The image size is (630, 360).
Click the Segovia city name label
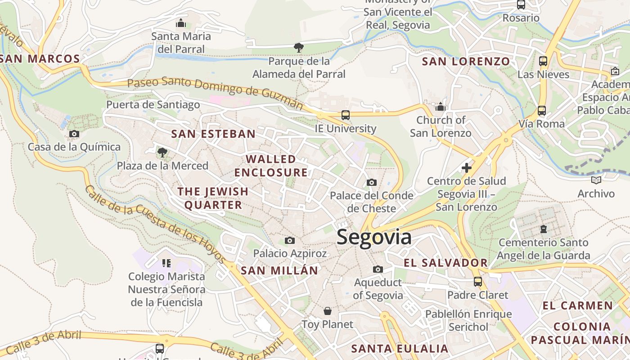coord(373,237)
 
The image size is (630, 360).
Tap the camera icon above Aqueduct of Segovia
coord(378,269)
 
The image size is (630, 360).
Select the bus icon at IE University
coord(345,115)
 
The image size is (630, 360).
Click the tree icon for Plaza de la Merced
coord(162,153)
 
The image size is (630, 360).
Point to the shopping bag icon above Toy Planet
coord(328,311)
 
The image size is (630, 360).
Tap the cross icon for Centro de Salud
coord(467,168)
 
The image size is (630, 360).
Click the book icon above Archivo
coord(596,180)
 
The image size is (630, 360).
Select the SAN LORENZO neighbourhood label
coord(466,62)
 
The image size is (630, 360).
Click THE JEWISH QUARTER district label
coord(213,198)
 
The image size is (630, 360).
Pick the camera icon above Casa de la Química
coord(74,134)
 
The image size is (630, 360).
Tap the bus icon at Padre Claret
coord(477,282)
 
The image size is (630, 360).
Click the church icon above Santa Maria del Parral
coord(181,23)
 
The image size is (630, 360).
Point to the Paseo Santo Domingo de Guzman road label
coord(215,93)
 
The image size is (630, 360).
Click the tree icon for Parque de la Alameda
coord(298,47)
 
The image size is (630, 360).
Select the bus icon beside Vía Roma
coord(541,111)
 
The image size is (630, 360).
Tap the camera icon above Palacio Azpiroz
coord(290,240)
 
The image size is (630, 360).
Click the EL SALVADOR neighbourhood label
coord(446,263)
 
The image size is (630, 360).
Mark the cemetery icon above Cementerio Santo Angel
coord(544,229)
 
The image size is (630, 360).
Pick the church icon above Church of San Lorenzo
coord(441,107)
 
